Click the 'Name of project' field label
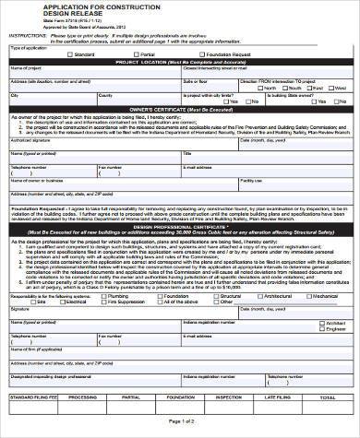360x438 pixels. pyautogui.click(x=25, y=67)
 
